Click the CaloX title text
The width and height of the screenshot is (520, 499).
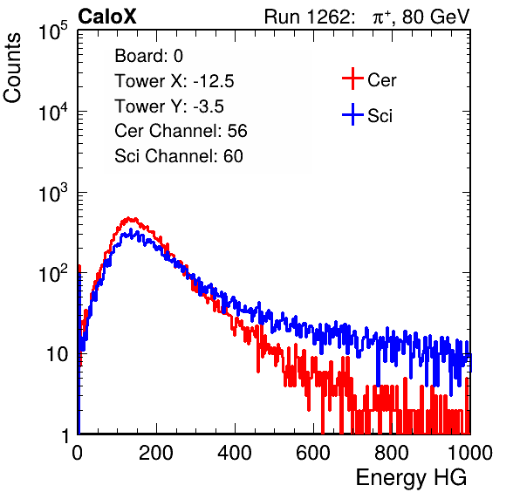(107, 17)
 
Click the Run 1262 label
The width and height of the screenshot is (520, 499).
(307, 17)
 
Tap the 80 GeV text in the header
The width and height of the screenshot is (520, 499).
(436, 17)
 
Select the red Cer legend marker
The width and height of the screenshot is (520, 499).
(352, 79)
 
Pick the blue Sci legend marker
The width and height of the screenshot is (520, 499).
(352, 115)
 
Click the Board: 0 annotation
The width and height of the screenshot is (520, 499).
(148, 56)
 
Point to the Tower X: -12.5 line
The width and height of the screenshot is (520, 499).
(174, 81)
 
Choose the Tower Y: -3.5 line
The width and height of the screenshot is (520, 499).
(169, 106)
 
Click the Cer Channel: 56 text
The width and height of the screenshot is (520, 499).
(181, 131)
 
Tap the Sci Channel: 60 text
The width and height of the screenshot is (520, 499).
(179, 156)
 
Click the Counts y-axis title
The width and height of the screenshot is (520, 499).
(12, 68)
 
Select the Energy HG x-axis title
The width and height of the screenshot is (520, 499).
(411, 477)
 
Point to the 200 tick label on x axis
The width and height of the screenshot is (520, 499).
(156, 453)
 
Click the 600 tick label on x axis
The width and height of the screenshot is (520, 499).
(313, 453)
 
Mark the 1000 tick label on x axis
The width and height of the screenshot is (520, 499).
(470, 453)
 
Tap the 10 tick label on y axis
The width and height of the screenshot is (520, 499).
(58, 354)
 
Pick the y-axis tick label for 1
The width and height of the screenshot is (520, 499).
(65, 435)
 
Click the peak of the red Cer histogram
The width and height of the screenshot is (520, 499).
(128, 218)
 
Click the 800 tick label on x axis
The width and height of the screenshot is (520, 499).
(392, 453)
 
